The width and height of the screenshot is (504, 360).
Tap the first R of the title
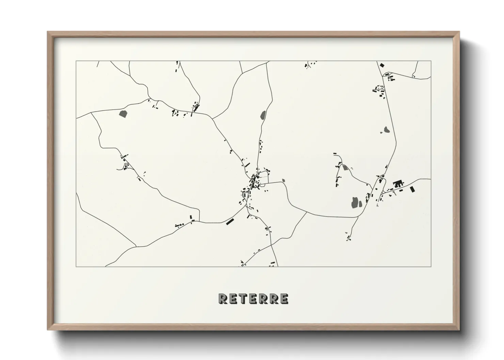tap(223, 299)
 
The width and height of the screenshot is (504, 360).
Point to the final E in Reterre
tap(283, 299)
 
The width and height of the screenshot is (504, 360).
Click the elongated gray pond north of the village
tap(263, 115)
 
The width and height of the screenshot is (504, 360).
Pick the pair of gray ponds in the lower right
tap(356, 203)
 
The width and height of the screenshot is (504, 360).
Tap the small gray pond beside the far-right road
tap(386, 130)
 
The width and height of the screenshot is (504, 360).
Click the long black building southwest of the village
tap(231, 221)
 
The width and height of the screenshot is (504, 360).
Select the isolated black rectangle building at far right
tap(412, 189)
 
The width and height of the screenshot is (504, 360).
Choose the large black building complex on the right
tap(398, 184)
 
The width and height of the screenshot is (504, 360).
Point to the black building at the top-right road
tap(382, 65)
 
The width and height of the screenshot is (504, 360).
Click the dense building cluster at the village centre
tap(254, 179)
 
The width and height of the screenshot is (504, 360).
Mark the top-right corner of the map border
tap(431, 61)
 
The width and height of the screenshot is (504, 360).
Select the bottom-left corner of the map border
tap(76, 266)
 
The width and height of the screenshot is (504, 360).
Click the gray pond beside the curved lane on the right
tap(345, 167)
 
